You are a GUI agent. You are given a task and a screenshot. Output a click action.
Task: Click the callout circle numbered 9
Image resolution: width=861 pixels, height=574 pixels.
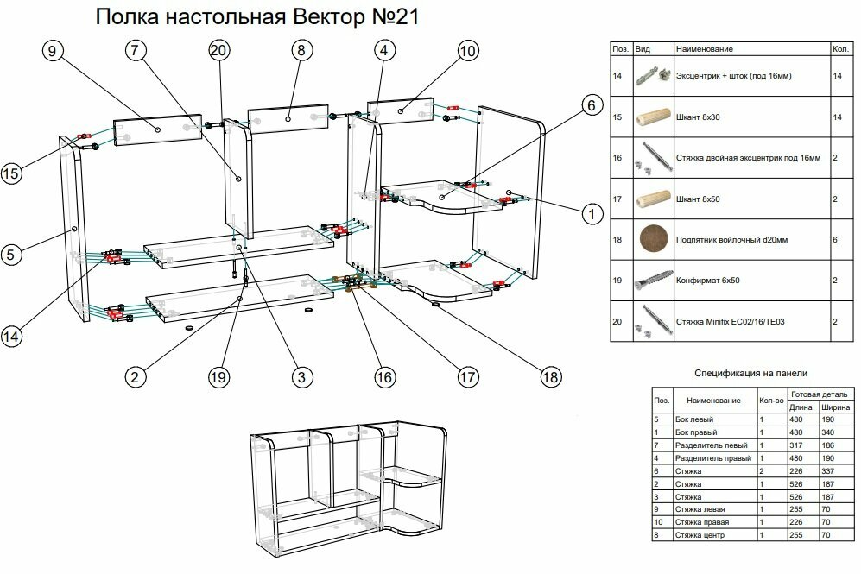point(52,52)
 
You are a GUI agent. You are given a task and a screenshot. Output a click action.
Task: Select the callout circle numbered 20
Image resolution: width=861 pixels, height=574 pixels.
point(219,52)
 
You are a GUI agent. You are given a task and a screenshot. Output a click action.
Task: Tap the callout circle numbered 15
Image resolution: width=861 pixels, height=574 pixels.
point(12,172)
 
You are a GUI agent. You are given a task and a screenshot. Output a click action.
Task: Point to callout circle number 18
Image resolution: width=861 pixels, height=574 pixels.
point(549,377)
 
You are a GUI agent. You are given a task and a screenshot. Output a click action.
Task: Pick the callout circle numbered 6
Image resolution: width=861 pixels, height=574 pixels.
point(590,105)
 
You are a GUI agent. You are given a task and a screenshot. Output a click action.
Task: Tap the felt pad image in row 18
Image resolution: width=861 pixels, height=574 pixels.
point(654,239)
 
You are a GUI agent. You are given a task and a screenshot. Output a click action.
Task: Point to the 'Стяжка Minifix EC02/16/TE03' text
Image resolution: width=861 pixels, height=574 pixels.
point(730,321)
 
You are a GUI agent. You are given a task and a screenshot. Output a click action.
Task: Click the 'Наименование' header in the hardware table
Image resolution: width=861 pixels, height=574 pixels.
point(704,50)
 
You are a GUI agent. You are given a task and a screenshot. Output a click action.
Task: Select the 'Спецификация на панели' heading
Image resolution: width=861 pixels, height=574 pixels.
point(750,373)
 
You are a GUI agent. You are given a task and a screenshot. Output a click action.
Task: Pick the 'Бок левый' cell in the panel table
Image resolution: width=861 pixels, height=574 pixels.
point(693,419)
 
